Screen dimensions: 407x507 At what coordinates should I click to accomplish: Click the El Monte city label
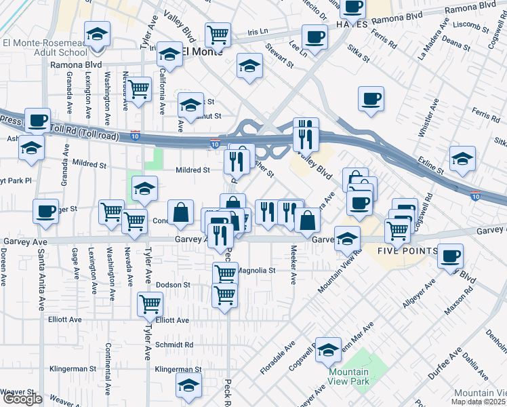click(204, 52)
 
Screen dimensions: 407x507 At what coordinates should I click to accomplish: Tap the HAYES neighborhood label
click(352, 24)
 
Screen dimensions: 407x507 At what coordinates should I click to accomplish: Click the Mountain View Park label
click(349, 376)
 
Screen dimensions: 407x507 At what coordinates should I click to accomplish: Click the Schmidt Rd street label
click(174, 345)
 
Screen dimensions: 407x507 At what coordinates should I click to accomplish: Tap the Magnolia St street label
click(257, 270)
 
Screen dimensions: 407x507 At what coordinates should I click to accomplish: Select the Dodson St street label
click(173, 285)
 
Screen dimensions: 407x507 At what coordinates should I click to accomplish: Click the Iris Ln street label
click(258, 31)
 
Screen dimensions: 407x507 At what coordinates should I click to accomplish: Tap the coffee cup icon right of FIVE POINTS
click(449, 256)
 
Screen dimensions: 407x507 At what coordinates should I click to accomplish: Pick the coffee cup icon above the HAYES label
click(352, 7)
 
